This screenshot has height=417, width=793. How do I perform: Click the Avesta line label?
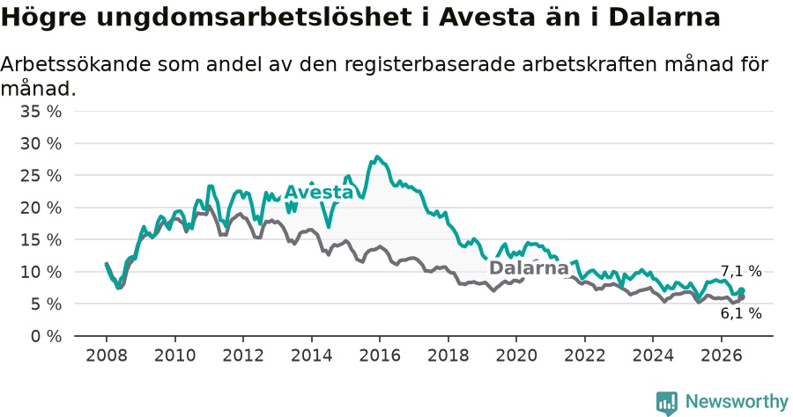click(x=319, y=192)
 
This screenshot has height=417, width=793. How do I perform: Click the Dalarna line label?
click(x=529, y=267)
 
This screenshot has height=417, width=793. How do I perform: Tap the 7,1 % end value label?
click(x=741, y=271)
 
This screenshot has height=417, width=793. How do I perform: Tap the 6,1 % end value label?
click(x=741, y=313)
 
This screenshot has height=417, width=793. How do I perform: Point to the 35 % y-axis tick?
click(x=41, y=111)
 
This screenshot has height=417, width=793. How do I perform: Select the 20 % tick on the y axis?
click(x=41, y=208)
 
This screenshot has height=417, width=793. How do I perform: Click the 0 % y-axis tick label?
click(x=46, y=336)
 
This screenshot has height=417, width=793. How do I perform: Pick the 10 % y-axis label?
click(x=41, y=272)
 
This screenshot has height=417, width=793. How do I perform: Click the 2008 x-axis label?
click(x=107, y=355)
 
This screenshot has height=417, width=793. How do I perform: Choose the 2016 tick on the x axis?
click(x=379, y=355)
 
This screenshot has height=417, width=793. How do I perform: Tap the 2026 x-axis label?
click(x=721, y=355)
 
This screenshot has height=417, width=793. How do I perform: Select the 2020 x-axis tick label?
click(x=515, y=355)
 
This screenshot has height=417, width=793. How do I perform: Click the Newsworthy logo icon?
click(x=667, y=403)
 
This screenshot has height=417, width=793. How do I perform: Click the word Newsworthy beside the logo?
click(x=737, y=402)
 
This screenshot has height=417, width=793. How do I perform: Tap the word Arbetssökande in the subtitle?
click(x=76, y=64)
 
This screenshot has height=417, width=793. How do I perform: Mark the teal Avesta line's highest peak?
click(x=377, y=157)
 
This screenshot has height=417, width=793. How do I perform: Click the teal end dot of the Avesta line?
click(x=742, y=290)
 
